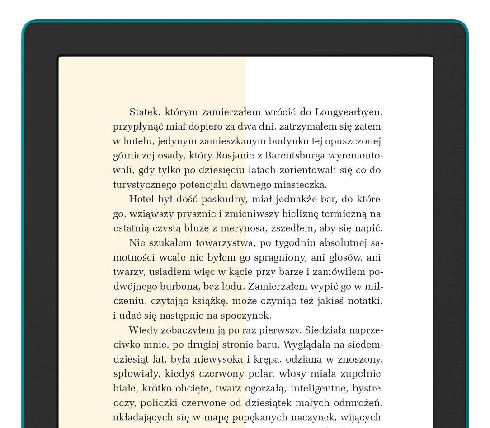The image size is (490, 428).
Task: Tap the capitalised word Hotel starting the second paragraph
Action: point(141,199)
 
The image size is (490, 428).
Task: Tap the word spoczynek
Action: point(247,315)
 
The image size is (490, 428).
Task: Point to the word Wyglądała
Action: point(306,345)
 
